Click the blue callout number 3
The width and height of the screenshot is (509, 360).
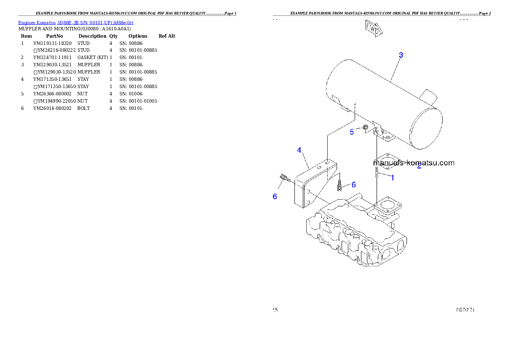pos(401,55)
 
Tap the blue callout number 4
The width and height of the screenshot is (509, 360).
pos(299,150)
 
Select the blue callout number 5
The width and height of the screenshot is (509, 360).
pos(352,132)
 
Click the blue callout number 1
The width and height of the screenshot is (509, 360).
pos(393,177)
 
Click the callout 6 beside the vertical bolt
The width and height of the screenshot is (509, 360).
pos(354,185)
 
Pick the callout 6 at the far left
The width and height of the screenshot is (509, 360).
pos(275,197)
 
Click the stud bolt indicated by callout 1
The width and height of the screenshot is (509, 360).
pos(376,173)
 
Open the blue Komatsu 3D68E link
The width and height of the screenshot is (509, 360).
pos(76,23)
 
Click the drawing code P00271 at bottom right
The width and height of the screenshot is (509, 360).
pos(465,310)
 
